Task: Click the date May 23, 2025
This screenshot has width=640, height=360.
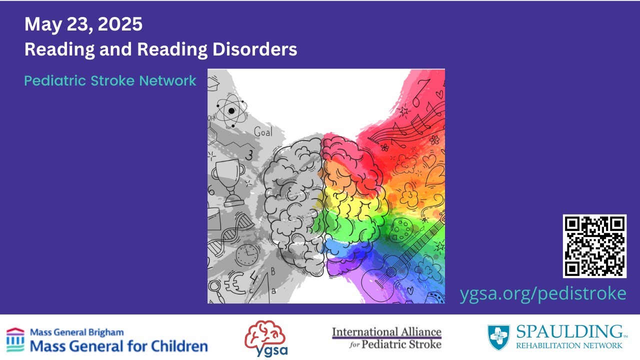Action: (x=83, y=24)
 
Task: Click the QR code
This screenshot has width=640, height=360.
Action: (x=594, y=246)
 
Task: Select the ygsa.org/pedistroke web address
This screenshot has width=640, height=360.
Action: (x=543, y=293)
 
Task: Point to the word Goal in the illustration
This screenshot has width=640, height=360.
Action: (x=263, y=132)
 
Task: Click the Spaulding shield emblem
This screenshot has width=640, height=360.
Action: (x=498, y=337)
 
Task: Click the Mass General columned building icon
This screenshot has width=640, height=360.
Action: (x=15, y=339)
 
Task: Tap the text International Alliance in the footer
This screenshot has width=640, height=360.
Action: (x=386, y=332)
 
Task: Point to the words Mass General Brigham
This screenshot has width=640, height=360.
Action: (x=77, y=332)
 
